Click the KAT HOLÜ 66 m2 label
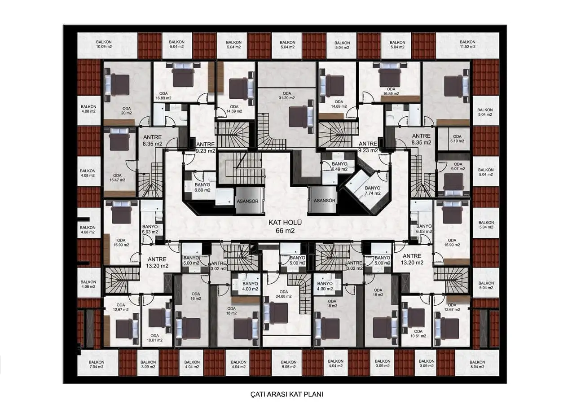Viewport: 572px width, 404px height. coord(285,227)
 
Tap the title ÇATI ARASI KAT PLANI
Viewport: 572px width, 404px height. coord(287,394)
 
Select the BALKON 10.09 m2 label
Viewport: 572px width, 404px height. coord(104,44)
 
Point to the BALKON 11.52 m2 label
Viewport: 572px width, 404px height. coord(467,44)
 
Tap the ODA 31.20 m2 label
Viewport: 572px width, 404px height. coord(287,96)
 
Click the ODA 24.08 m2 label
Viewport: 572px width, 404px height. coord(284,294)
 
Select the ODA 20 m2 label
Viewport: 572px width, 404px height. coord(127,110)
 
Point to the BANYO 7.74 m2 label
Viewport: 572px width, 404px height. coord(373,191)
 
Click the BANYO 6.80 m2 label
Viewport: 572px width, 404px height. coord(202,188)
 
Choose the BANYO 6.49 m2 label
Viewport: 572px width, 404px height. coord(339,166)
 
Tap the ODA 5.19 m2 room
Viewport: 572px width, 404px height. coord(454,139)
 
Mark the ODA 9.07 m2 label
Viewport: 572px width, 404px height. coord(458,166)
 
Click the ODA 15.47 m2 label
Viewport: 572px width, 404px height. coord(117,177)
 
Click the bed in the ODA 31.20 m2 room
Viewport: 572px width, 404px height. coord(301,116)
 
